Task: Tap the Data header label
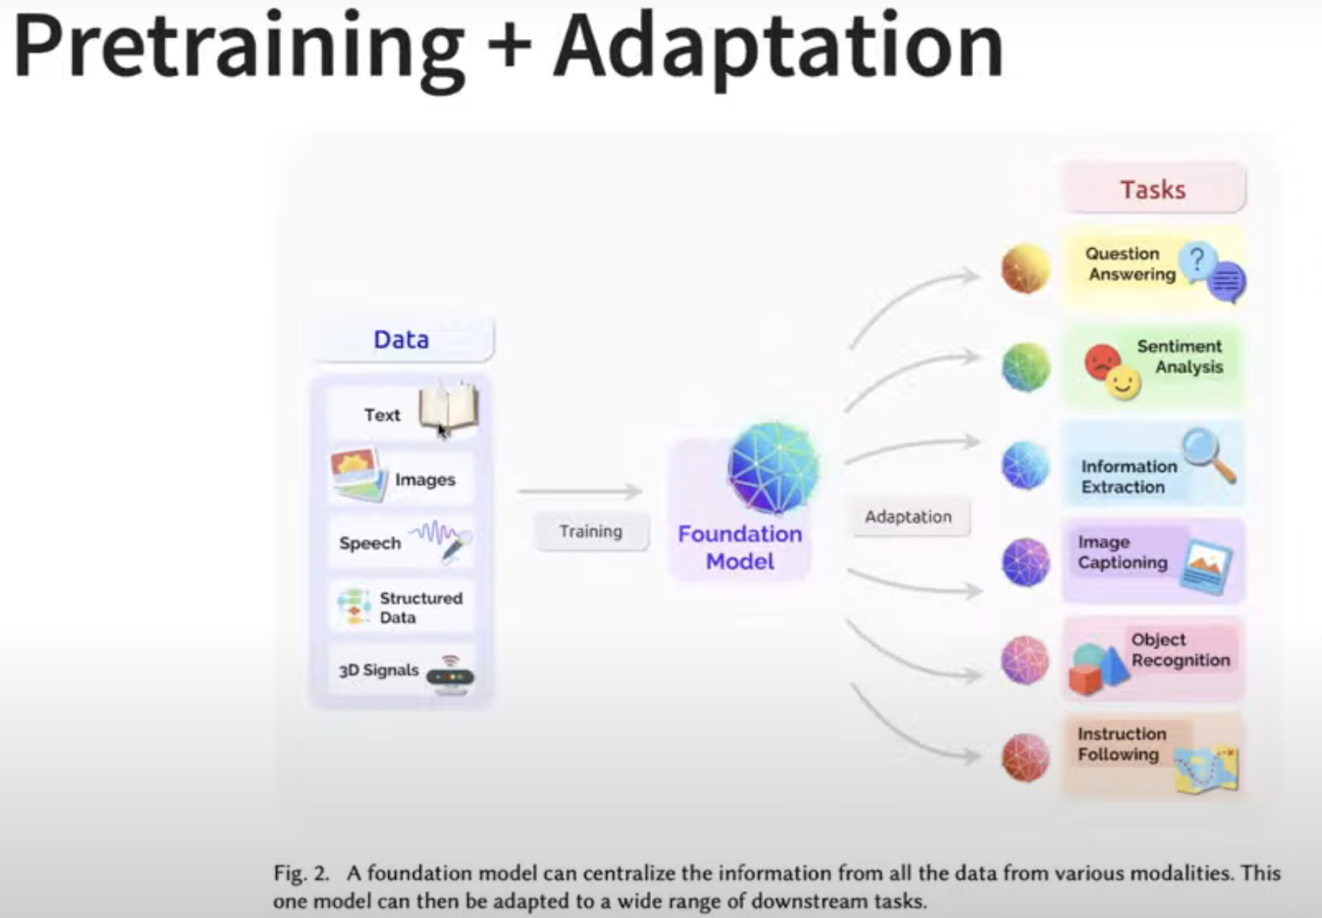[402, 340]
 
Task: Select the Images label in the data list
[425, 480]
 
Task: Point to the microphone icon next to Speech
[455, 547]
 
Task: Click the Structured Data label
[421, 607]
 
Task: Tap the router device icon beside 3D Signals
[450, 676]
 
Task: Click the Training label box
[591, 532]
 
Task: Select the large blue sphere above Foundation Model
[773, 469]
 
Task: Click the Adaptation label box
[909, 517]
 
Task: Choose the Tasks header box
[1153, 189]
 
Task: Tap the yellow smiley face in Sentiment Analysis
[1123, 383]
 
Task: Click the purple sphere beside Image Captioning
[1025, 562]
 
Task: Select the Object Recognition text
[1181, 650]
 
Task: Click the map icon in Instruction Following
[1206, 770]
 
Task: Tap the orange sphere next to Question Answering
[1025, 269]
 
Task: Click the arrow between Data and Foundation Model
[580, 491]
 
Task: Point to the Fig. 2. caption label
[301, 873]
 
